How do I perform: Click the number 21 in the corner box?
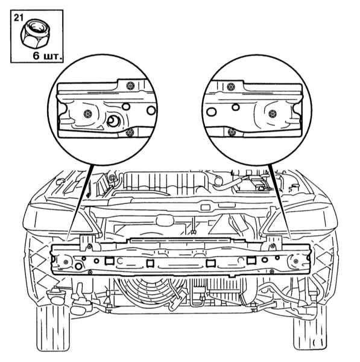tap(18, 17)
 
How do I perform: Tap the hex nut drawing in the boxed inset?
tap(36, 33)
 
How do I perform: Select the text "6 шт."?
tap(47, 56)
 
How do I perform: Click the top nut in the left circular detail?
tap(130, 86)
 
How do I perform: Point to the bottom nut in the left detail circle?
tap(130, 133)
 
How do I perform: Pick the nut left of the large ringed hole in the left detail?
tap(87, 113)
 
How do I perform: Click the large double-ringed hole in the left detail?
tap(113, 121)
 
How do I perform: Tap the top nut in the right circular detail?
tap(230, 87)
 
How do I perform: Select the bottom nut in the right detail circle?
tap(231, 132)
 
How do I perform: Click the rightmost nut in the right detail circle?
tap(273, 113)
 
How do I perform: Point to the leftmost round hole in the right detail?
tap(211, 112)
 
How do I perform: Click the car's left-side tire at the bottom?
tap(53, 328)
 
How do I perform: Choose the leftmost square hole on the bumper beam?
tap(109, 261)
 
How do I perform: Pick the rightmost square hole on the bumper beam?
tap(251, 261)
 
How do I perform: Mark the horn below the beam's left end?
tap(55, 296)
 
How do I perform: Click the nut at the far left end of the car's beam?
tap(66, 262)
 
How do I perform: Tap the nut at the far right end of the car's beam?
tap(296, 261)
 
